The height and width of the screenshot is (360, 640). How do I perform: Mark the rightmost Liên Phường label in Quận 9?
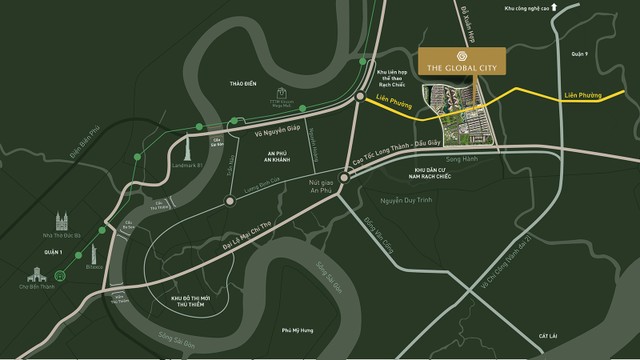coord(583,94)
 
